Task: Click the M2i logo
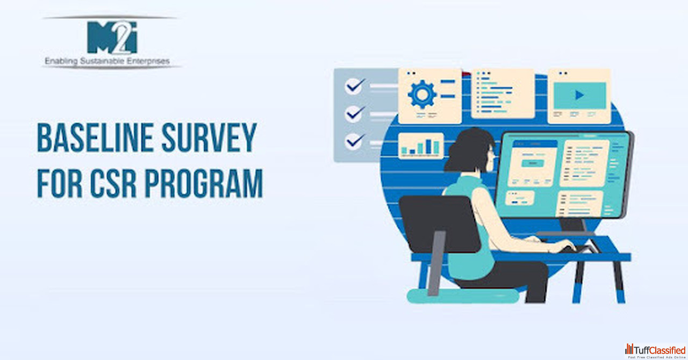[112, 37]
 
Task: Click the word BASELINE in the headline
[95, 138]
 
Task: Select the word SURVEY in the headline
[209, 138]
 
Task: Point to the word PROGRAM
[204, 183]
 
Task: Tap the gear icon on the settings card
[422, 95]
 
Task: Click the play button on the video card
[579, 95]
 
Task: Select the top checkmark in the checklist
[355, 86]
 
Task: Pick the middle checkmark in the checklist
[355, 114]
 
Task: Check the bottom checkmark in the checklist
[355, 142]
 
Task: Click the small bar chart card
[421, 146]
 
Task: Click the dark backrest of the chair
[440, 224]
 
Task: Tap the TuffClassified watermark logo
[655, 350]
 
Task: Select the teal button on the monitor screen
[533, 163]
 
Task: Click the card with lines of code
[503, 93]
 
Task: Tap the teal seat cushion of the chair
[463, 296]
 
